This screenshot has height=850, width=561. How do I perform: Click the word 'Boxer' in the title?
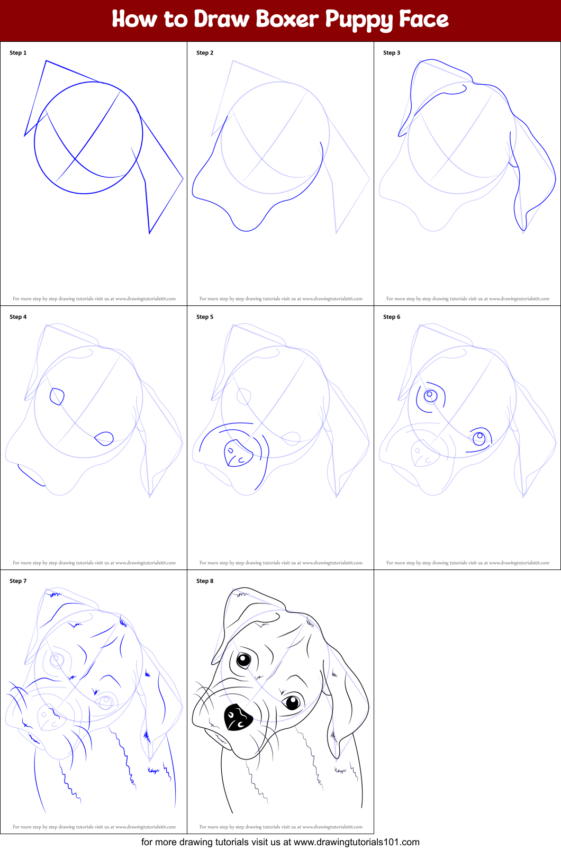tap(287, 19)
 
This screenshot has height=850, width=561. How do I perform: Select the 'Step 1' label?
tap(18, 53)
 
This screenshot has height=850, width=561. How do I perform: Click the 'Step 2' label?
tap(205, 53)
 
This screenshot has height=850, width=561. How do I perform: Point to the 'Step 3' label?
tap(391, 53)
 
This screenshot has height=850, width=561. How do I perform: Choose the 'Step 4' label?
tap(18, 317)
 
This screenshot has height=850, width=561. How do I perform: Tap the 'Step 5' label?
tap(205, 317)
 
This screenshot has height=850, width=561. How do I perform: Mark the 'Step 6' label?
tap(391, 317)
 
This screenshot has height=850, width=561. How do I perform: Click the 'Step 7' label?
tap(18, 581)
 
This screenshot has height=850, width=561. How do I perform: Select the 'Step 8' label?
tap(205, 581)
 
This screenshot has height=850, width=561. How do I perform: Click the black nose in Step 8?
tap(238, 717)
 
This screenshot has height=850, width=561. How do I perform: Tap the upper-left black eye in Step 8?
tap(243, 661)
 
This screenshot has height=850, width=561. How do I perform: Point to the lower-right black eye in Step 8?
tap(293, 702)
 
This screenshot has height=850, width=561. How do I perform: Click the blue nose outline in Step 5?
tap(238, 453)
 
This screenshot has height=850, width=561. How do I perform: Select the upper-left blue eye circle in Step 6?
tap(430, 396)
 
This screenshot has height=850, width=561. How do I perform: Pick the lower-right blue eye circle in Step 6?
tap(479, 438)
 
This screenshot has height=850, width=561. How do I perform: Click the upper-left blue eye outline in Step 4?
tap(57, 396)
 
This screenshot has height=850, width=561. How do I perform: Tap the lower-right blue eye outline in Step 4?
tap(104, 439)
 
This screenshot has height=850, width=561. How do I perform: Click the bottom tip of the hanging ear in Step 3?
tap(524, 230)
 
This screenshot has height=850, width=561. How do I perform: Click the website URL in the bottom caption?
tap(356, 842)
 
